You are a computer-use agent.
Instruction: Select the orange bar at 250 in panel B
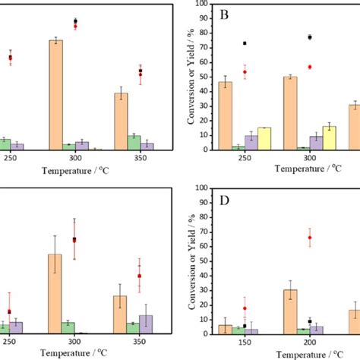tap(226, 115)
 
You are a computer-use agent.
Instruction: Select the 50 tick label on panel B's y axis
tap(204, 77)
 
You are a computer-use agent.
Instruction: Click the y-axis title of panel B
tap(182, 76)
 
